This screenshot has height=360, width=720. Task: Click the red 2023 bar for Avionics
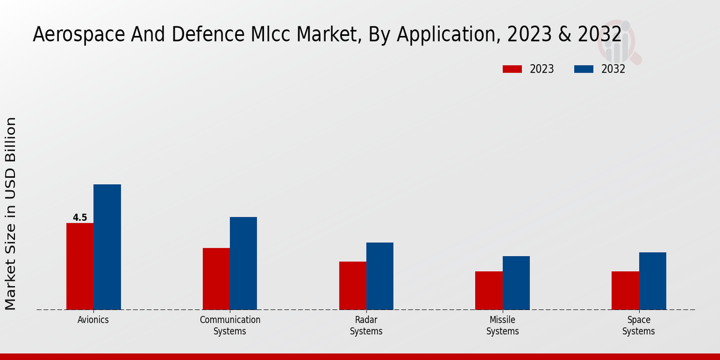80,266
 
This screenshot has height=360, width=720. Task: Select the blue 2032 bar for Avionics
107,247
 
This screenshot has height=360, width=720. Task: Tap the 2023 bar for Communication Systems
216,279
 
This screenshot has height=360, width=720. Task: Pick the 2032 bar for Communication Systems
243,263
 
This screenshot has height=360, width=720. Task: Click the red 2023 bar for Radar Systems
352,286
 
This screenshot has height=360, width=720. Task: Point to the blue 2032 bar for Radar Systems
380,276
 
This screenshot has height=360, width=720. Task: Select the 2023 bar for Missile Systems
488,290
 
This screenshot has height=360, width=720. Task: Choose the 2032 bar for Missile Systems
516,283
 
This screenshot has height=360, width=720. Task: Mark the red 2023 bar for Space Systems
625,290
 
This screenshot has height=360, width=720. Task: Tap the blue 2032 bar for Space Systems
652,281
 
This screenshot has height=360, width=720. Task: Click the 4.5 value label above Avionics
80,218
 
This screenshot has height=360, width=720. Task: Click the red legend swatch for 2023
512,69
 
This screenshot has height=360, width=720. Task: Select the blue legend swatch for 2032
583,69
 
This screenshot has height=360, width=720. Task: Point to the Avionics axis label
93,320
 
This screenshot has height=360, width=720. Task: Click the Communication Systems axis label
230,325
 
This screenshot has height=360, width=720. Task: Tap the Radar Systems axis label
366,325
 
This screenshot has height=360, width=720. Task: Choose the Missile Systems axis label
502,325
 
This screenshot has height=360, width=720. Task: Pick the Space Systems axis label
638,325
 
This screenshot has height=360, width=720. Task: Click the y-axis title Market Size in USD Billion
11,213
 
